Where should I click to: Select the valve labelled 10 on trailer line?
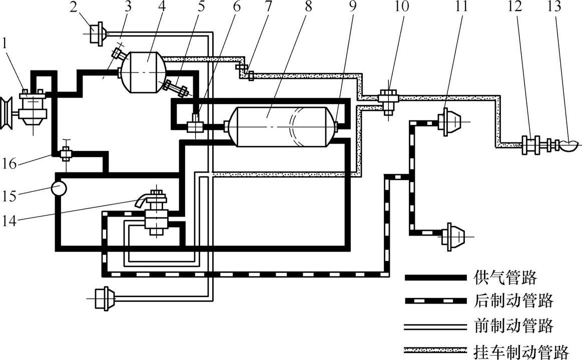[388, 97]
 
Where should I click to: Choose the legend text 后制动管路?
[512, 301]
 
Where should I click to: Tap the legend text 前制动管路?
[512, 326]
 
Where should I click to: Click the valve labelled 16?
[65, 154]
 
